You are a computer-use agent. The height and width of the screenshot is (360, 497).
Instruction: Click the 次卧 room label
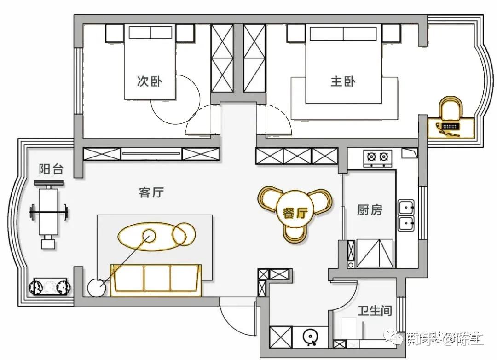pos(150,81)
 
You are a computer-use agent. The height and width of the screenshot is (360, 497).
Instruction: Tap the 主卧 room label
pos(343,81)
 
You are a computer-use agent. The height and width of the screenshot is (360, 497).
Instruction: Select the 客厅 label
pos(151,192)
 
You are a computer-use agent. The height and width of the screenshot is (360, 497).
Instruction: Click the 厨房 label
pos(370,210)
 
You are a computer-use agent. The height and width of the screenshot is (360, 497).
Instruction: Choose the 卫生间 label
pos(375,311)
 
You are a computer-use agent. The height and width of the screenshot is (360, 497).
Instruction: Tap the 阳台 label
pos(51,169)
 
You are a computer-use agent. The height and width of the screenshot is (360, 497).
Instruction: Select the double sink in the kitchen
pos(405,215)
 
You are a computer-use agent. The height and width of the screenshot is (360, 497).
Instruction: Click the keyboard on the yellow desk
pos(449,125)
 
